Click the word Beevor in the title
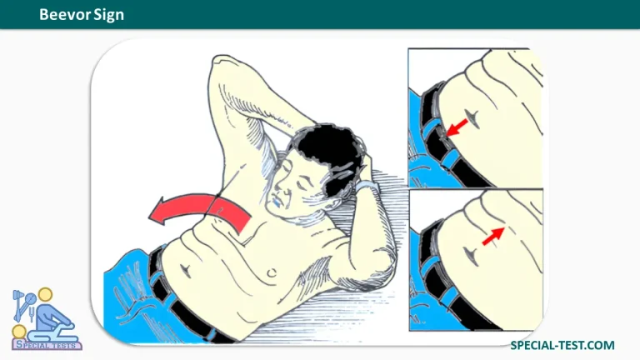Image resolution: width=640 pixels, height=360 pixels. point(65,15)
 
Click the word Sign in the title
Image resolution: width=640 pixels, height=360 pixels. point(109,15)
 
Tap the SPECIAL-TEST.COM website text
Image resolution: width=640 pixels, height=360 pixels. point(562,345)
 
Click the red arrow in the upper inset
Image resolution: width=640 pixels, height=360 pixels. point(457,127)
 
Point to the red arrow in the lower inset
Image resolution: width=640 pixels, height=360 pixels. point(493,237)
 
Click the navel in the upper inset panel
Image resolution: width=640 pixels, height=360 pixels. point(473,118)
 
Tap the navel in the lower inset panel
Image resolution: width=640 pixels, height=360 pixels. point(471,257)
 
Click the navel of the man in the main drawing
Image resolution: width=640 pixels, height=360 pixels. point(186,270)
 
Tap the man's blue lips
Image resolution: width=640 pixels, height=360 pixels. point(277,202)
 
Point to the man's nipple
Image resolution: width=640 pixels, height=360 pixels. point(271,272)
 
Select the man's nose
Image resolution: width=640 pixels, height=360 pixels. point(279,189)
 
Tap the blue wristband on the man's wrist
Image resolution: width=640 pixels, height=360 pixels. point(366,186)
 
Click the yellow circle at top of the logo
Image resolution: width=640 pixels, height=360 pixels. point(45,295)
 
